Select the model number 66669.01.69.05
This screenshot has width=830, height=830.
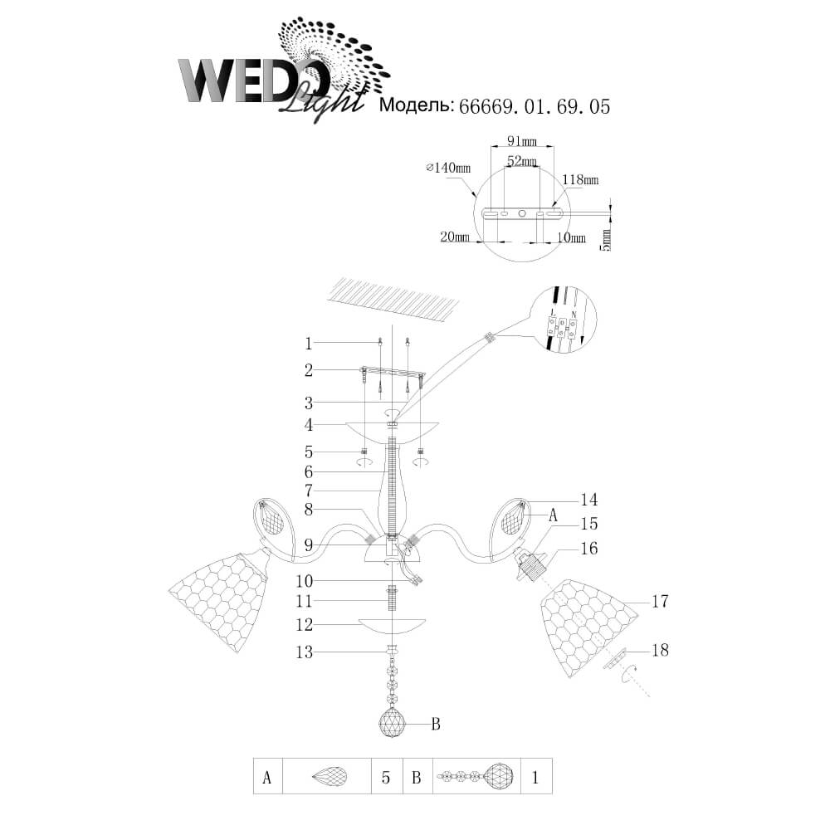(x=535, y=106)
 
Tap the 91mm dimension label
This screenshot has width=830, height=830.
(x=522, y=141)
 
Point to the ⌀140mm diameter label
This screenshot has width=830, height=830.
(x=448, y=168)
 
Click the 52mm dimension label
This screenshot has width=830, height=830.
(x=522, y=161)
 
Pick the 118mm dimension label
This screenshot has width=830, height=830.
(x=581, y=180)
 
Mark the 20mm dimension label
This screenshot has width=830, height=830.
(x=455, y=237)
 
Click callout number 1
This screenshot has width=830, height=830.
(x=309, y=344)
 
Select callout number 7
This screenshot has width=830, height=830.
(x=309, y=491)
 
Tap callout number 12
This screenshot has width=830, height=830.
(x=305, y=625)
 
